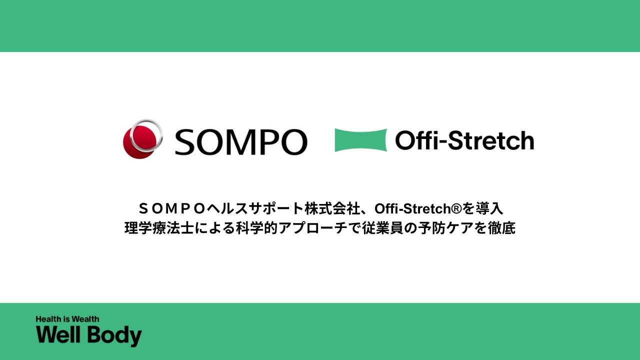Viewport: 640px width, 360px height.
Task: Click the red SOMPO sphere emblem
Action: pos(142,139)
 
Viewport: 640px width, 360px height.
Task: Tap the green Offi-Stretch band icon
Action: pos(360,140)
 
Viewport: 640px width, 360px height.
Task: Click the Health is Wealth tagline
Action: pos(67,319)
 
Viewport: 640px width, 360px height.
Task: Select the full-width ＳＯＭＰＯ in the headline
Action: pos(171,208)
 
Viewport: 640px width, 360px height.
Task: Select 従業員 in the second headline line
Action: pos(380,228)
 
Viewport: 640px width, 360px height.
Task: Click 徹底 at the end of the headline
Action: pos(502,228)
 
